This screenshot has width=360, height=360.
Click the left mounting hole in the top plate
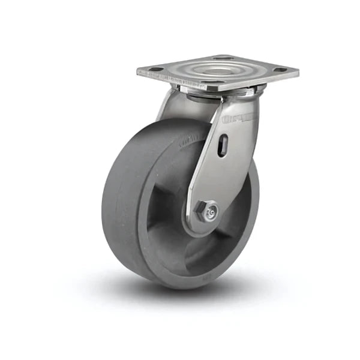click(155, 70)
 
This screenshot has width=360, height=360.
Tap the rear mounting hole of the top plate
click(223, 58)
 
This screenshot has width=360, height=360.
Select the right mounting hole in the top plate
click(280, 70)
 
